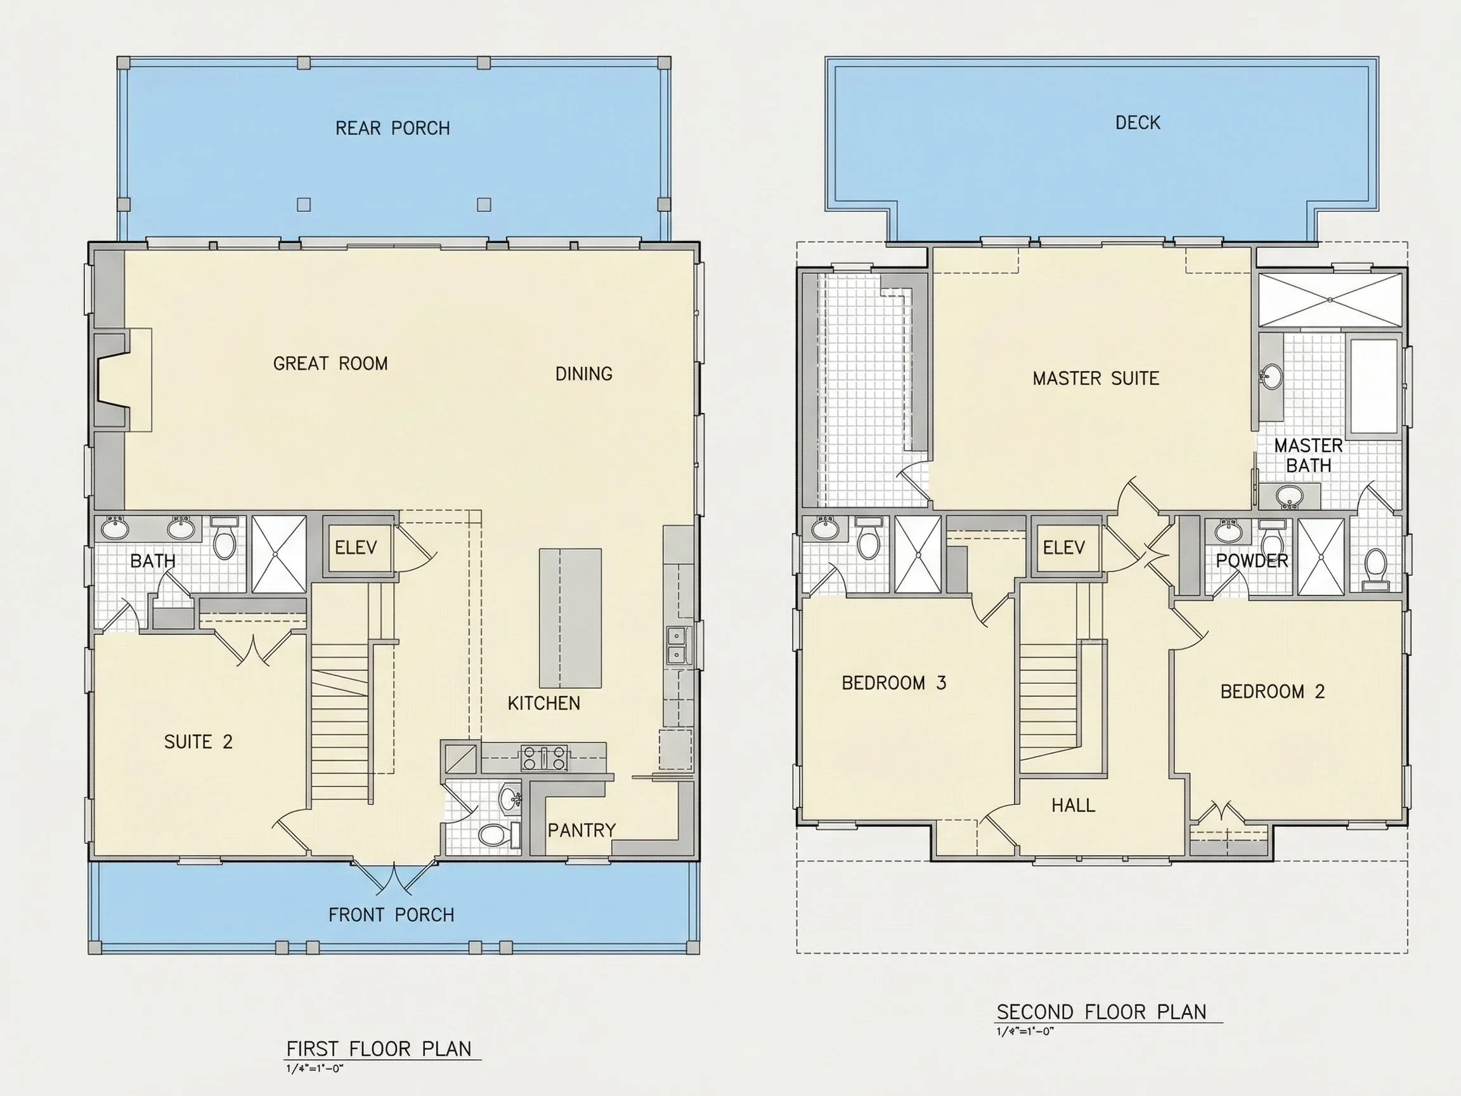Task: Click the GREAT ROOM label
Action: pos(330,363)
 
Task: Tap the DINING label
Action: pos(584,374)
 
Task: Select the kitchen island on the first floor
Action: pos(571,618)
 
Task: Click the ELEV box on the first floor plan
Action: pos(356,547)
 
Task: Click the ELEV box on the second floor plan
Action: pos(1064,547)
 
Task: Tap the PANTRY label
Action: pos(581,830)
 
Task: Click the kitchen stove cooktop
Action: pos(545,758)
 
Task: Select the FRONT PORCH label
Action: pos(391,915)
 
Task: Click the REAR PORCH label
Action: pos(393,128)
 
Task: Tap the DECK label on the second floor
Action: pos(1138,123)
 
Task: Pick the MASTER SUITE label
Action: pos(1096,379)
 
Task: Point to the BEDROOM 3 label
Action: pos(893,683)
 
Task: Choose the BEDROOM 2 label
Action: pos(1273,692)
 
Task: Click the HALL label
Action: pos(1074,806)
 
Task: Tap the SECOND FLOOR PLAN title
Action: pos(1101,1012)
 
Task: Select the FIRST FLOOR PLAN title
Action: pos(379,1049)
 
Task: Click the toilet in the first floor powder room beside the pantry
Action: pos(499,835)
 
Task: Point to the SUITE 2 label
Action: pos(198,742)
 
